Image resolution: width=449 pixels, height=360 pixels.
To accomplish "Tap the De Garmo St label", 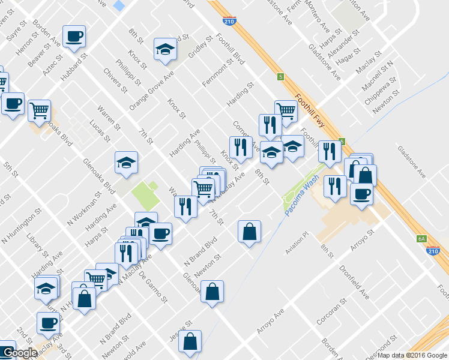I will (149, 282).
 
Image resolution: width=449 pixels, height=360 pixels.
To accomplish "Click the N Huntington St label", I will (22, 226).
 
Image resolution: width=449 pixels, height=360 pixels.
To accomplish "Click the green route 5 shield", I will (280, 76).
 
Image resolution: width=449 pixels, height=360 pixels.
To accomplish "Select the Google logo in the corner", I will (20, 353).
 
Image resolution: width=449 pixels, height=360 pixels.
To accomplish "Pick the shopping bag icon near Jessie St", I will (190, 341).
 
